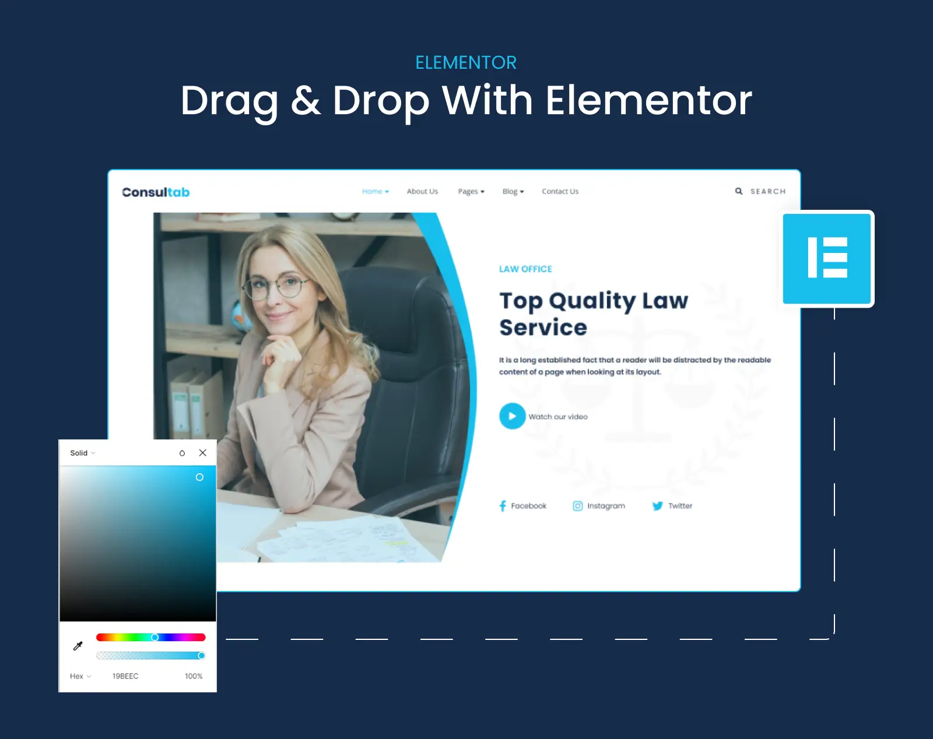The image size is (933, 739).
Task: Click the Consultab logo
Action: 156,192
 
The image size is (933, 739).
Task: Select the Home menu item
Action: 376,191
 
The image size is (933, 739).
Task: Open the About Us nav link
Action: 422,191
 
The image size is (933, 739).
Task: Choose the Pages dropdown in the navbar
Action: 471,191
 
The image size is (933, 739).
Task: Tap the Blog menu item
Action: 513,191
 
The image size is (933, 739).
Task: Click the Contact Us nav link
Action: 560,191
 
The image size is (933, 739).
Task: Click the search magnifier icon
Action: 739,191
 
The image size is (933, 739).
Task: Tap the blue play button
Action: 512,416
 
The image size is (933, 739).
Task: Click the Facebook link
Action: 523,506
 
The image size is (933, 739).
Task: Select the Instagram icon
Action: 577,506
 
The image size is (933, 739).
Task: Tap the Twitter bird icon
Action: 657,506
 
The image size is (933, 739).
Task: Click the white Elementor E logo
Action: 827,258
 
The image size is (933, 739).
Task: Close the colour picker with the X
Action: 202,452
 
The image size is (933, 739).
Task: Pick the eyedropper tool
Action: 78,646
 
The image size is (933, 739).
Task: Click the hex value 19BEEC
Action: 125,676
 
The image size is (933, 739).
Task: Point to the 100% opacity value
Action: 194,676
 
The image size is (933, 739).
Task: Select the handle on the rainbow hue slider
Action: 155,637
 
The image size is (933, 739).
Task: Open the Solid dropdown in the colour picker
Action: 82,453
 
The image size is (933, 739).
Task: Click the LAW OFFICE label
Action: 525,269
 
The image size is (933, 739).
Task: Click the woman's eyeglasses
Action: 276,287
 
